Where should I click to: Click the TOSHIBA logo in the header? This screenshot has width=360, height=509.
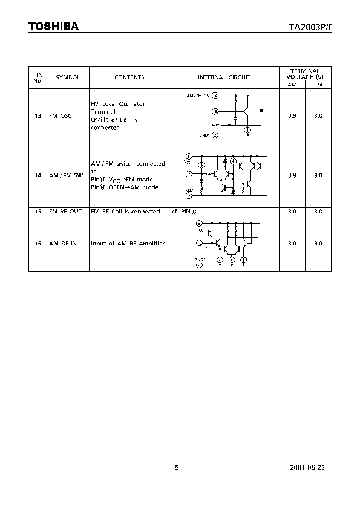[53, 26]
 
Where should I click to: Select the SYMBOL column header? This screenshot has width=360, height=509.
[68, 77]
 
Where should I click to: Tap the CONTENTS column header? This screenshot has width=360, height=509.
[129, 77]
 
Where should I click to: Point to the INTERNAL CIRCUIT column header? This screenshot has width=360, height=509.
[224, 77]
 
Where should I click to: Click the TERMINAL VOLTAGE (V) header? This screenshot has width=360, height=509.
[305, 74]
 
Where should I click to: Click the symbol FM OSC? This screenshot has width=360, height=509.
[60, 115]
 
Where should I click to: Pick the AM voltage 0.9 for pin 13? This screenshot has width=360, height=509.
[292, 115]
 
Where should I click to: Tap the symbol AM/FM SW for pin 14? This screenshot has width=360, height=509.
[66, 175]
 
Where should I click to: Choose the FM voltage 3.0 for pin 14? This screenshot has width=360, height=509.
[318, 175]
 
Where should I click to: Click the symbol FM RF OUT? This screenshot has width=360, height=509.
[65, 212]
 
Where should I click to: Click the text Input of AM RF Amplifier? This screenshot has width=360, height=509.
[128, 244]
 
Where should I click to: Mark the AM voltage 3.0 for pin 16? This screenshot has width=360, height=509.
[292, 244]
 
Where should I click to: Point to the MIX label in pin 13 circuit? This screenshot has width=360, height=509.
[216, 125]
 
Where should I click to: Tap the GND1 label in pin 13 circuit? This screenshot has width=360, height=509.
[205, 135]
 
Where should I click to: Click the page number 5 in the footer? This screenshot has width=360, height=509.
[177, 467]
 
